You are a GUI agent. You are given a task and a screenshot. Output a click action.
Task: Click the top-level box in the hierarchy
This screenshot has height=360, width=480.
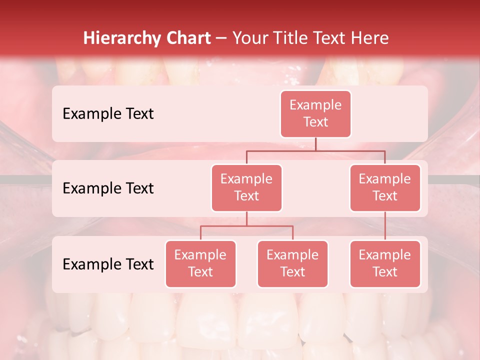click(x=315, y=114)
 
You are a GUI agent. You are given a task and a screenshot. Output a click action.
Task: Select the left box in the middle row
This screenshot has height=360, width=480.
click(x=246, y=188)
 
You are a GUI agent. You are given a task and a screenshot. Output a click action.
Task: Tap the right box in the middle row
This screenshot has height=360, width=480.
click(x=385, y=188)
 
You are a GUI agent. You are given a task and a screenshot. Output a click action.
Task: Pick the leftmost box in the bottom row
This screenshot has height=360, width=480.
click(x=200, y=264)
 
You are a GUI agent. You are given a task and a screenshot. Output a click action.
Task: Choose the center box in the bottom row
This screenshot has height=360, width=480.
click(x=292, y=264)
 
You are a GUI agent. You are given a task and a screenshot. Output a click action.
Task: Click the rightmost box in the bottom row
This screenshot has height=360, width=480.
click(x=385, y=264)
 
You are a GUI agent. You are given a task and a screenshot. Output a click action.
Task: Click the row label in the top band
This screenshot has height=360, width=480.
click(x=108, y=114)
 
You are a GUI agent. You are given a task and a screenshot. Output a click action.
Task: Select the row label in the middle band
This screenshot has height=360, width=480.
click(x=108, y=188)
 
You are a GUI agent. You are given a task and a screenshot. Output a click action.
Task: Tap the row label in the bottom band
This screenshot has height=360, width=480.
click(x=108, y=264)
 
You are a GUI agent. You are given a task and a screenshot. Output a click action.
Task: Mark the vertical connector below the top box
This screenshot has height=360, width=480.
click(x=315, y=144)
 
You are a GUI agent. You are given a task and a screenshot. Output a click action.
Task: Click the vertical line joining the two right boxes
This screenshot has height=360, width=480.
click(x=385, y=226)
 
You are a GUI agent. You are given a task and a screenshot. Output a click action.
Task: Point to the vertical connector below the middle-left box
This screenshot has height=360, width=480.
click(x=246, y=218)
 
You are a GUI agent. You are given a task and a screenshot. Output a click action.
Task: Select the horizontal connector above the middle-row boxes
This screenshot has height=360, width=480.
click(x=315, y=150)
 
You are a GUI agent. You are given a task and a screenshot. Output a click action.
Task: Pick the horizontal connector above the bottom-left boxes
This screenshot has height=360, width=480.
click(x=246, y=226)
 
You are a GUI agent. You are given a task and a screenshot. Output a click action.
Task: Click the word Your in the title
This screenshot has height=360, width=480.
click(x=250, y=38)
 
